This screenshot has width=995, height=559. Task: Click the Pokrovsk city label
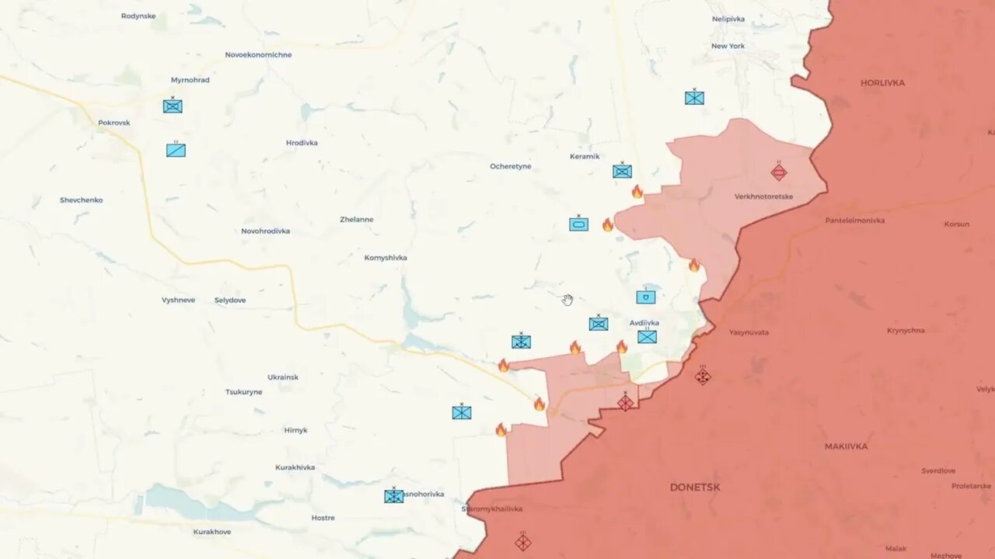pos(114,123)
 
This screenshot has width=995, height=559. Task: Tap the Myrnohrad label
pos(190,80)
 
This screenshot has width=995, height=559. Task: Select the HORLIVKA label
pos(882,82)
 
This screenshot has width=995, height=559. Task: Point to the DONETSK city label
pos(695,488)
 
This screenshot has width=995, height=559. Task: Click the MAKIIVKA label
pos(846,446)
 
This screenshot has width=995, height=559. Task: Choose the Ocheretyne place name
pos(511,166)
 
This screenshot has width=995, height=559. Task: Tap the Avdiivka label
pos(644,323)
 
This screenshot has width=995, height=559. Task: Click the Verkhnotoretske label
pos(763,196)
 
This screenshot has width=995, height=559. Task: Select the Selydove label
pos(230,300)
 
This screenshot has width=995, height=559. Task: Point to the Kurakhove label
pos(212,532)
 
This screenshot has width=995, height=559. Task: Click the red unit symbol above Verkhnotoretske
pos(779,172)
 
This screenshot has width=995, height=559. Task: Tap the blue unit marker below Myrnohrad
pos(173,106)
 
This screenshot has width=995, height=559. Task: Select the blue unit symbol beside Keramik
pos(622,172)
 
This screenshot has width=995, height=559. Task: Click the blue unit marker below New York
pos(694,98)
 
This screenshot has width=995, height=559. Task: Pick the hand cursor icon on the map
pos(568,300)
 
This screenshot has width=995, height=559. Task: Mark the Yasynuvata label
pos(749,332)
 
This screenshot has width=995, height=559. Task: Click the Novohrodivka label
pos(265,231)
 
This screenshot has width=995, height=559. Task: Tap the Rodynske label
pos(138,16)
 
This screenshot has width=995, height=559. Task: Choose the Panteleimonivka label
pos(855,220)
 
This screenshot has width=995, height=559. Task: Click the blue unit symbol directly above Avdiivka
pos(645,297)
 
